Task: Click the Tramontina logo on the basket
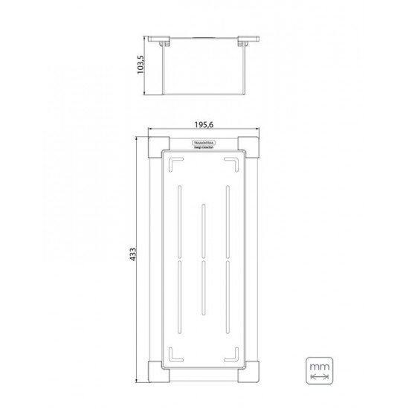click(x=204, y=141)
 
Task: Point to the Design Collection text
click(x=204, y=149)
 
